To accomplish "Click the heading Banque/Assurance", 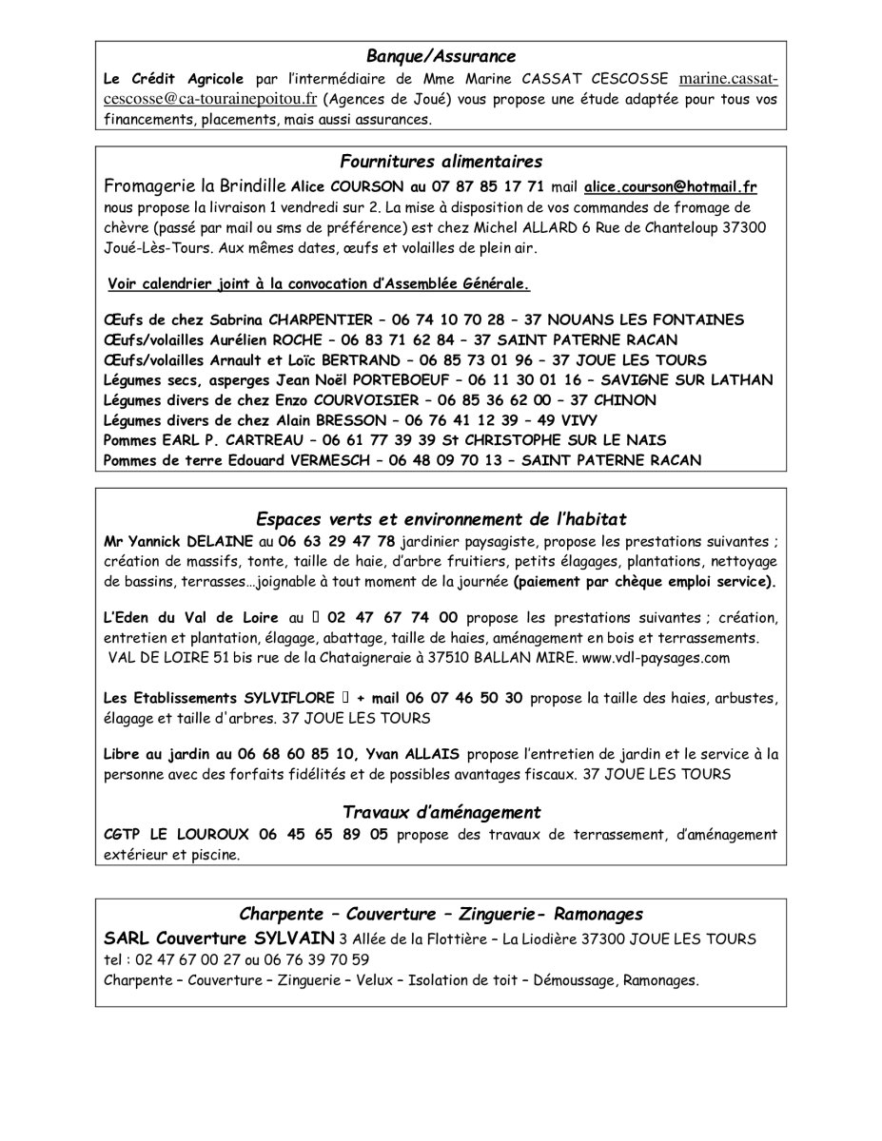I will pos(441,56).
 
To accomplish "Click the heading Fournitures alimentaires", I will pos(441,162).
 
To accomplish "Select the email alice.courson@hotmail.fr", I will pos(671,187).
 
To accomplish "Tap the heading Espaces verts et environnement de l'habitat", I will pos(441,518).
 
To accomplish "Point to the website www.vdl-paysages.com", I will pos(656,657).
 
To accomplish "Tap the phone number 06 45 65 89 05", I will pos(323,835).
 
